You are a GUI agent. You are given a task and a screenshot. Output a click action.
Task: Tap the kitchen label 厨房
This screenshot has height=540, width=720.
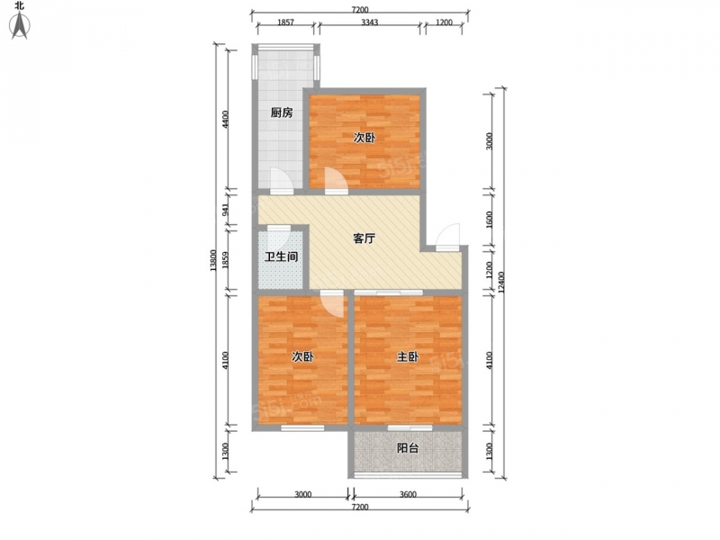click(281, 112)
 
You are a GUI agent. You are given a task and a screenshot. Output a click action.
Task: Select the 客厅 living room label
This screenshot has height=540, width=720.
click(364, 238)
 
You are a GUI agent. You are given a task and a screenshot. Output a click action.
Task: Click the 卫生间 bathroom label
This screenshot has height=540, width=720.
click(281, 256)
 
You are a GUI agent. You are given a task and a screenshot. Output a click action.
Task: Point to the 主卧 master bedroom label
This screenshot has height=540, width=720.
click(408, 356)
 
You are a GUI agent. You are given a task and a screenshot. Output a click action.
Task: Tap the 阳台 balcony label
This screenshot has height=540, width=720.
click(408, 447)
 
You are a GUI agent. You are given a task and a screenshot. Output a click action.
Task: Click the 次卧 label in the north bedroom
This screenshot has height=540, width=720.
click(364, 138)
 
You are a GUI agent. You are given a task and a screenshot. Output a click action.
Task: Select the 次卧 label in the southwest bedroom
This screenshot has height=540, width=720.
click(302, 356)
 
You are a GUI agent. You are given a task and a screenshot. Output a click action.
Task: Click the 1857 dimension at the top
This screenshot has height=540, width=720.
click(285, 22)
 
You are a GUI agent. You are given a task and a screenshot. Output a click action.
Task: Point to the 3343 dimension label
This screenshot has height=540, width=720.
click(369, 22)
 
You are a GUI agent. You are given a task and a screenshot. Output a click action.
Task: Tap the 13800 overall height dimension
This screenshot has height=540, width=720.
click(212, 260)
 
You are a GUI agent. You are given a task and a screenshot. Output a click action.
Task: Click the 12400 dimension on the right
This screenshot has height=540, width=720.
click(502, 283)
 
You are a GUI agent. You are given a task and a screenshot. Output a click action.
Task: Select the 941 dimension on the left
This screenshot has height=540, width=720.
click(226, 209)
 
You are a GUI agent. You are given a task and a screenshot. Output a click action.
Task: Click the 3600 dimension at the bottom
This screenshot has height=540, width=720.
click(408, 494)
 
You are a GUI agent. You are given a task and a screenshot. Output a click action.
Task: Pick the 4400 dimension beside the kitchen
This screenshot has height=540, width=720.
click(225, 120)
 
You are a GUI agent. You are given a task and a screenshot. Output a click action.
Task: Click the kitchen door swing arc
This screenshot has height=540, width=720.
click(281, 179)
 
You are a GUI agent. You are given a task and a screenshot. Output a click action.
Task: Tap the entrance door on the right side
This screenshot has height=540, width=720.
click(447, 237)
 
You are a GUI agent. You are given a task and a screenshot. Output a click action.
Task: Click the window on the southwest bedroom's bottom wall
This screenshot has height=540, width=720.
click(302, 428)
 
